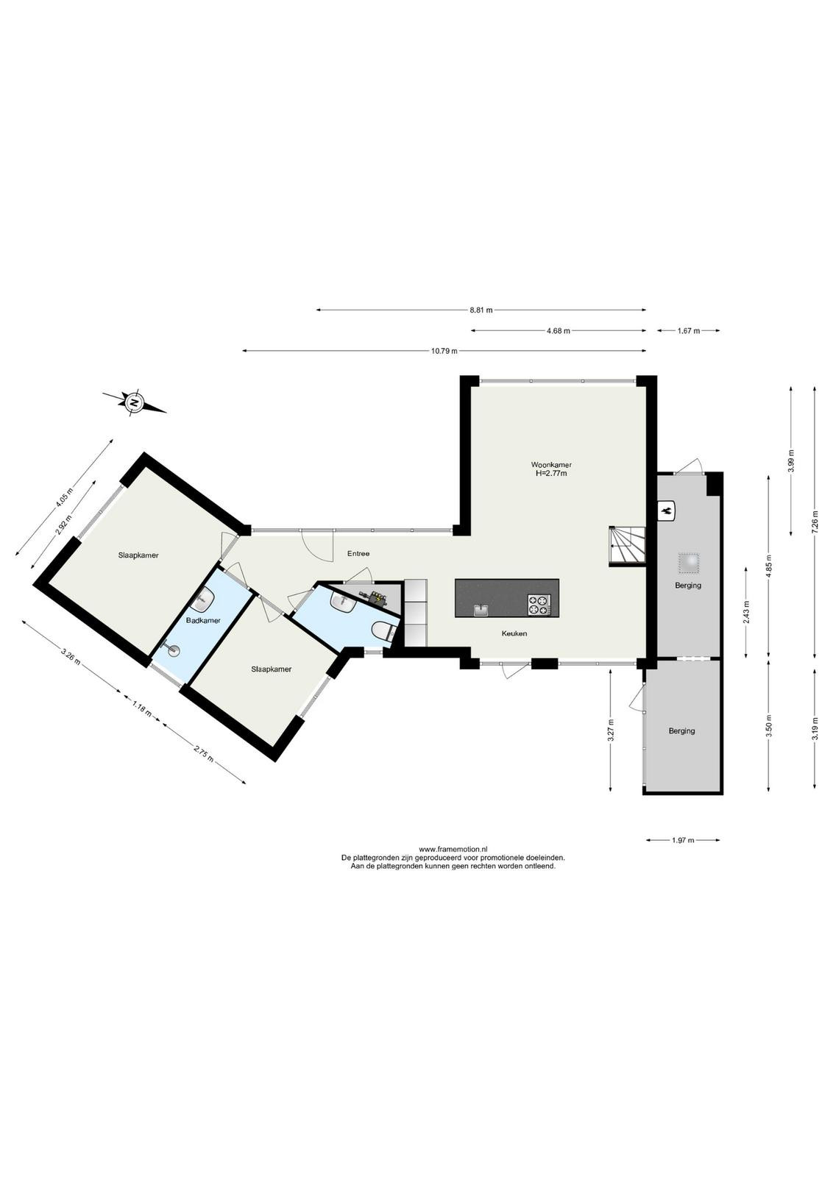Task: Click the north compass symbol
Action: click(135, 403)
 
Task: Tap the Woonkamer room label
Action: click(550, 464)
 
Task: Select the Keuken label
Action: click(514, 633)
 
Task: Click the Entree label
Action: click(358, 553)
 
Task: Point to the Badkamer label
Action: click(203, 620)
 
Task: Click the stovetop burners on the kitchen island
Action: click(539, 604)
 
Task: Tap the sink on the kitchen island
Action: click(481, 610)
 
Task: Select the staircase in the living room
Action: click(628, 546)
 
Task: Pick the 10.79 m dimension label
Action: click(444, 351)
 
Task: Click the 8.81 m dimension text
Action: click(481, 310)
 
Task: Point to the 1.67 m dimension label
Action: click(689, 330)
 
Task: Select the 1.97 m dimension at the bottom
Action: click(683, 839)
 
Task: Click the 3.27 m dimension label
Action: click(611, 730)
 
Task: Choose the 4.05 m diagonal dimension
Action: click(65, 497)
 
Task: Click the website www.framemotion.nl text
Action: click(453, 849)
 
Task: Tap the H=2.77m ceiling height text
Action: click(550, 473)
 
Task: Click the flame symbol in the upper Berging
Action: click(668, 510)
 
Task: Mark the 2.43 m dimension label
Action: click(746, 611)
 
